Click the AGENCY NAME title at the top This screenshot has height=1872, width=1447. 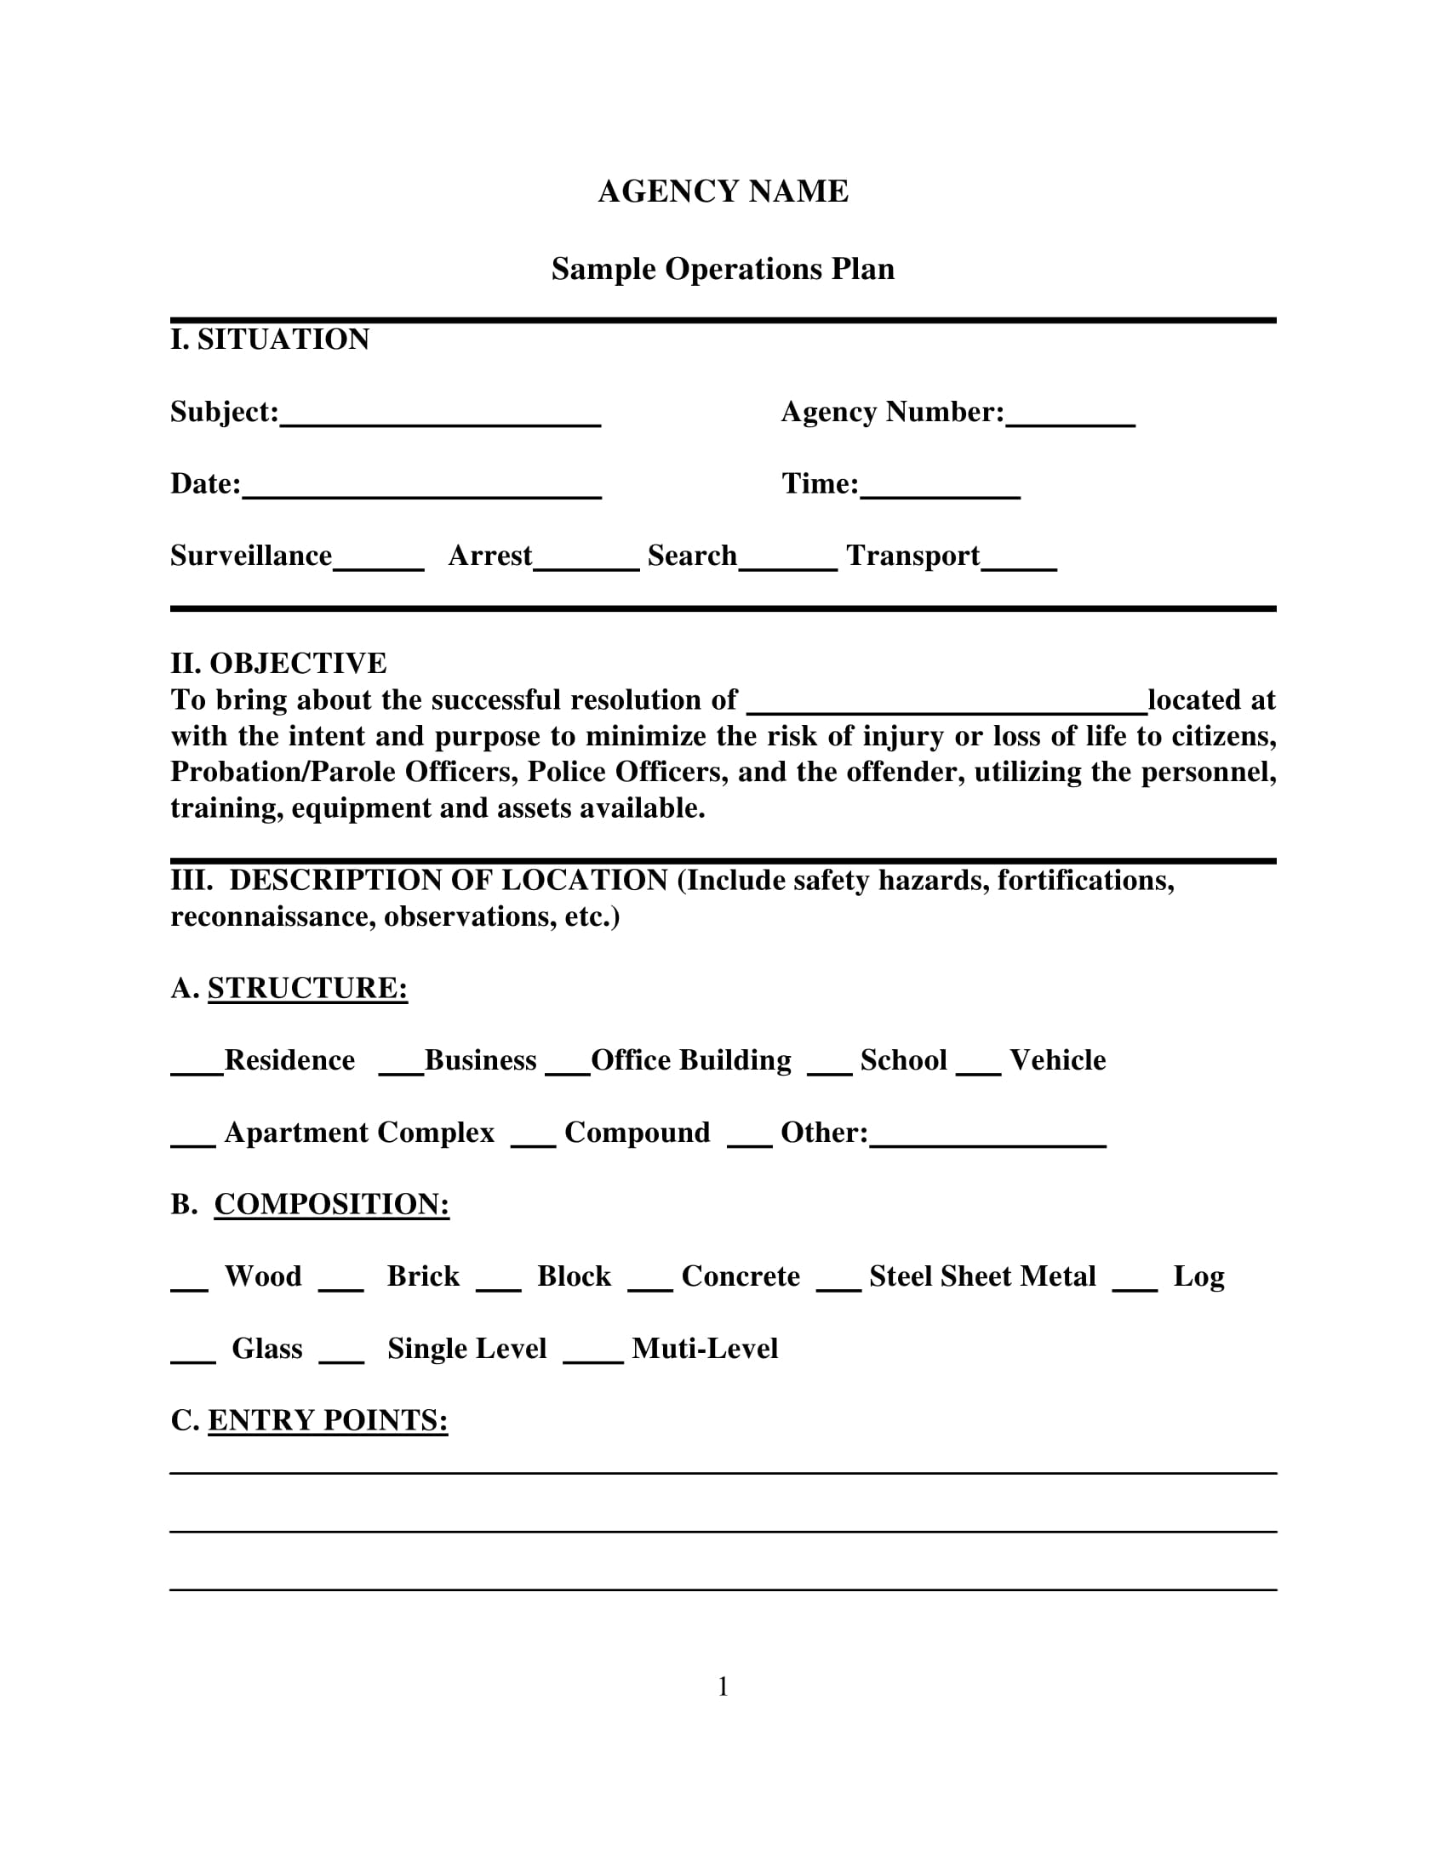[723, 191]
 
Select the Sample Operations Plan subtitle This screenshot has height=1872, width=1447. [723, 269]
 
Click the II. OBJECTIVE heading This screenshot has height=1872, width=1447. [278, 664]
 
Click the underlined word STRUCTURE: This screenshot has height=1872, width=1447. [308, 988]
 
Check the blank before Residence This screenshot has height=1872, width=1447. [197, 1067]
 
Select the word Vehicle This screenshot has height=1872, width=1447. [1058, 1060]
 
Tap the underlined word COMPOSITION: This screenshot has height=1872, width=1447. [332, 1204]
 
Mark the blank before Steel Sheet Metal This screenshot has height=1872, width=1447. [838, 1283]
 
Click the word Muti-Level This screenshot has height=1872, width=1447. [705, 1349]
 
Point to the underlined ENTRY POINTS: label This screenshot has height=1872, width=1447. [328, 1420]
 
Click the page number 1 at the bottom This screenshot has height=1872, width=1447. [723, 1687]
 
